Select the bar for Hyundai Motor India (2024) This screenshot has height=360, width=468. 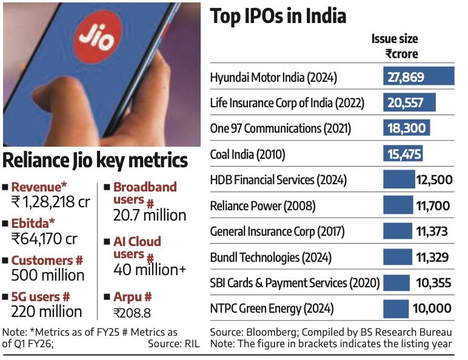(418, 77)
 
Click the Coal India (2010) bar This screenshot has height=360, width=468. (403, 154)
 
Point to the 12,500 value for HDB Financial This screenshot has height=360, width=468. (433, 180)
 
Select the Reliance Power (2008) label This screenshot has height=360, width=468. (262, 206)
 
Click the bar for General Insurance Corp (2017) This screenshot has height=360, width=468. (398, 232)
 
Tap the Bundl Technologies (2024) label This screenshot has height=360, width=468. (270, 257)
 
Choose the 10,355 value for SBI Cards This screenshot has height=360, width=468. (433, 282)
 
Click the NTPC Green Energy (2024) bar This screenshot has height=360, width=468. (396, 308)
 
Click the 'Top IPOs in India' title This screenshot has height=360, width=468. (278, 16)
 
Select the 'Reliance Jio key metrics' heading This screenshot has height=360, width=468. (95, 161)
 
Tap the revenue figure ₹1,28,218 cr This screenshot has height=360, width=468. (50, 201)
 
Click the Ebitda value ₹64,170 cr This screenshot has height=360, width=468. (44, 238)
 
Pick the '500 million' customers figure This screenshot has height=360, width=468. (48, 275)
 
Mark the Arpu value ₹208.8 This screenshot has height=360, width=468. (132, 313)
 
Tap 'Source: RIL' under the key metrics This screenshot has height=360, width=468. (173, 344)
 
